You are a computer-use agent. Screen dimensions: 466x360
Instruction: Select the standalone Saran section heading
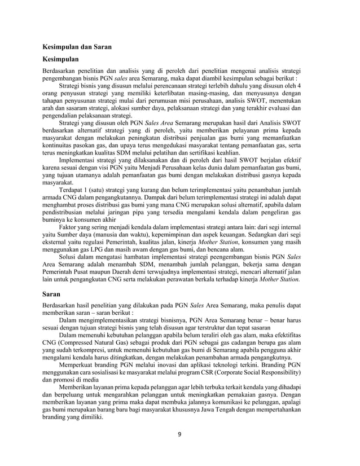click(54, 294)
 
